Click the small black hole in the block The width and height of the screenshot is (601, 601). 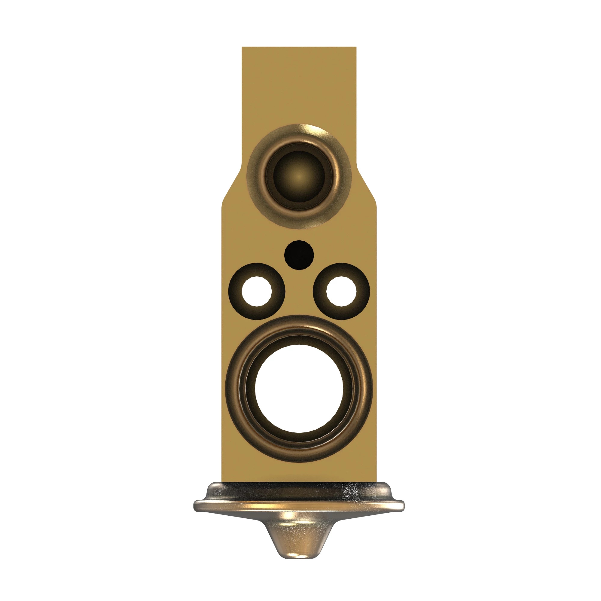[x=299, y=255]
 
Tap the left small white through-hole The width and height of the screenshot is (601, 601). [x=257, y=291]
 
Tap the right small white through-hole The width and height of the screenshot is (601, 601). [x=341, y=291]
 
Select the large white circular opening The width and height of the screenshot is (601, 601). [x=299, y=389]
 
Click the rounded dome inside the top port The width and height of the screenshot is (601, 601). [x=299, y=176]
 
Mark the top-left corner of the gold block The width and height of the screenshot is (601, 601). [x=243, y=47]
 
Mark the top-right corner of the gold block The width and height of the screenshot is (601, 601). [x=355, y=47]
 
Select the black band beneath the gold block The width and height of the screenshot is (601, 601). [x=299, y=488]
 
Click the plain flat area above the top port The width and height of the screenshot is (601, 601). [x=299, y=87]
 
